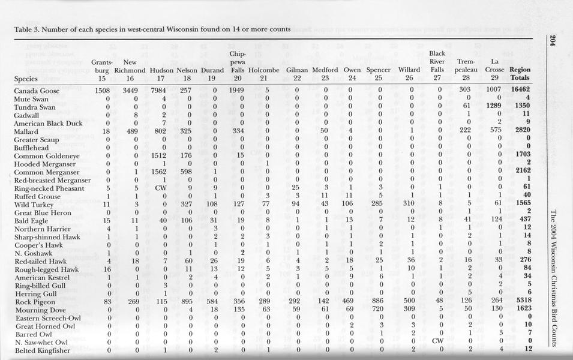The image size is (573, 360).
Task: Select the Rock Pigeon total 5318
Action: (x=521, y=302)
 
